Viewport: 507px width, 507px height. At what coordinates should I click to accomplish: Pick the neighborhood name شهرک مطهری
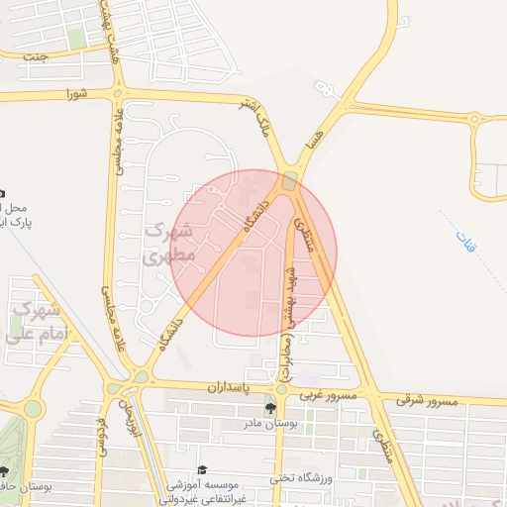(x=170, y=243)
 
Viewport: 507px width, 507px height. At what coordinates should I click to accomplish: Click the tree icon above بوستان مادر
(x=269, y=407)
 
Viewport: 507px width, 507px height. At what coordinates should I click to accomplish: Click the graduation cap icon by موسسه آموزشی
(x=202, y=469)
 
